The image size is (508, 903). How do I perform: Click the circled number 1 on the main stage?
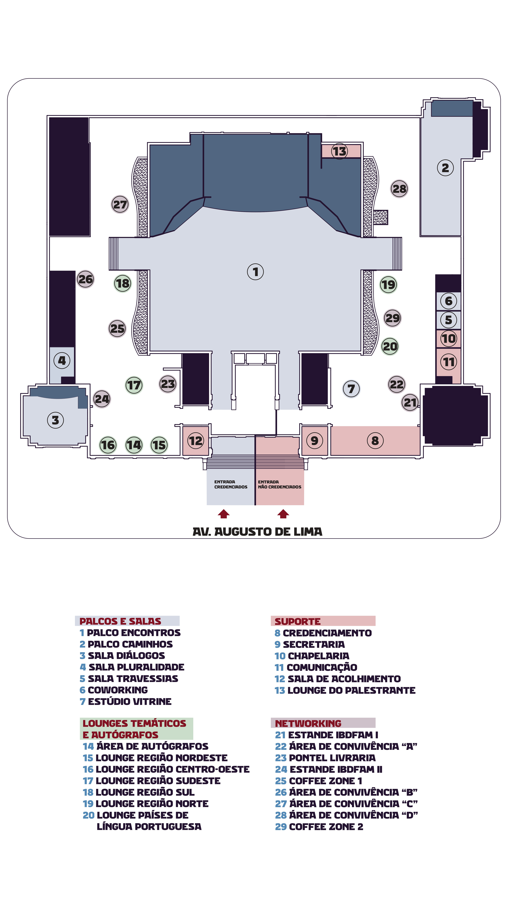coord(255,272)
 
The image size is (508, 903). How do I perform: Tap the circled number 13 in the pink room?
coord(339,151)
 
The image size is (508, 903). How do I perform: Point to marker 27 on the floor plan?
coord(120,204)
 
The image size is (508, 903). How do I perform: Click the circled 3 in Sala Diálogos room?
coord(55,420)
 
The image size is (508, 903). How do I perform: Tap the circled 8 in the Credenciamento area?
coord(375,440)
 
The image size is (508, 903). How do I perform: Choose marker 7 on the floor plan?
coord(351,389)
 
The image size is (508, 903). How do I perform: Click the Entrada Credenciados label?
coord(231,484)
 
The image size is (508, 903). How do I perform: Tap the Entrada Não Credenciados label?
coord(279,484)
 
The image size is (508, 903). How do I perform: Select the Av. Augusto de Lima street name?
coord(257,532)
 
